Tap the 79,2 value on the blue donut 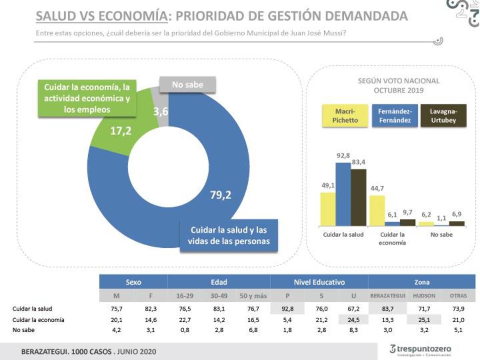coord(221,195)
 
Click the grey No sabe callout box coord(188,85)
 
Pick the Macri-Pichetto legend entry coord(345,116)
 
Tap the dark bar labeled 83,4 coord(358,198)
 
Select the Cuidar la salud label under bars coord(343,235)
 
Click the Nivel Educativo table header coord(319,282)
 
